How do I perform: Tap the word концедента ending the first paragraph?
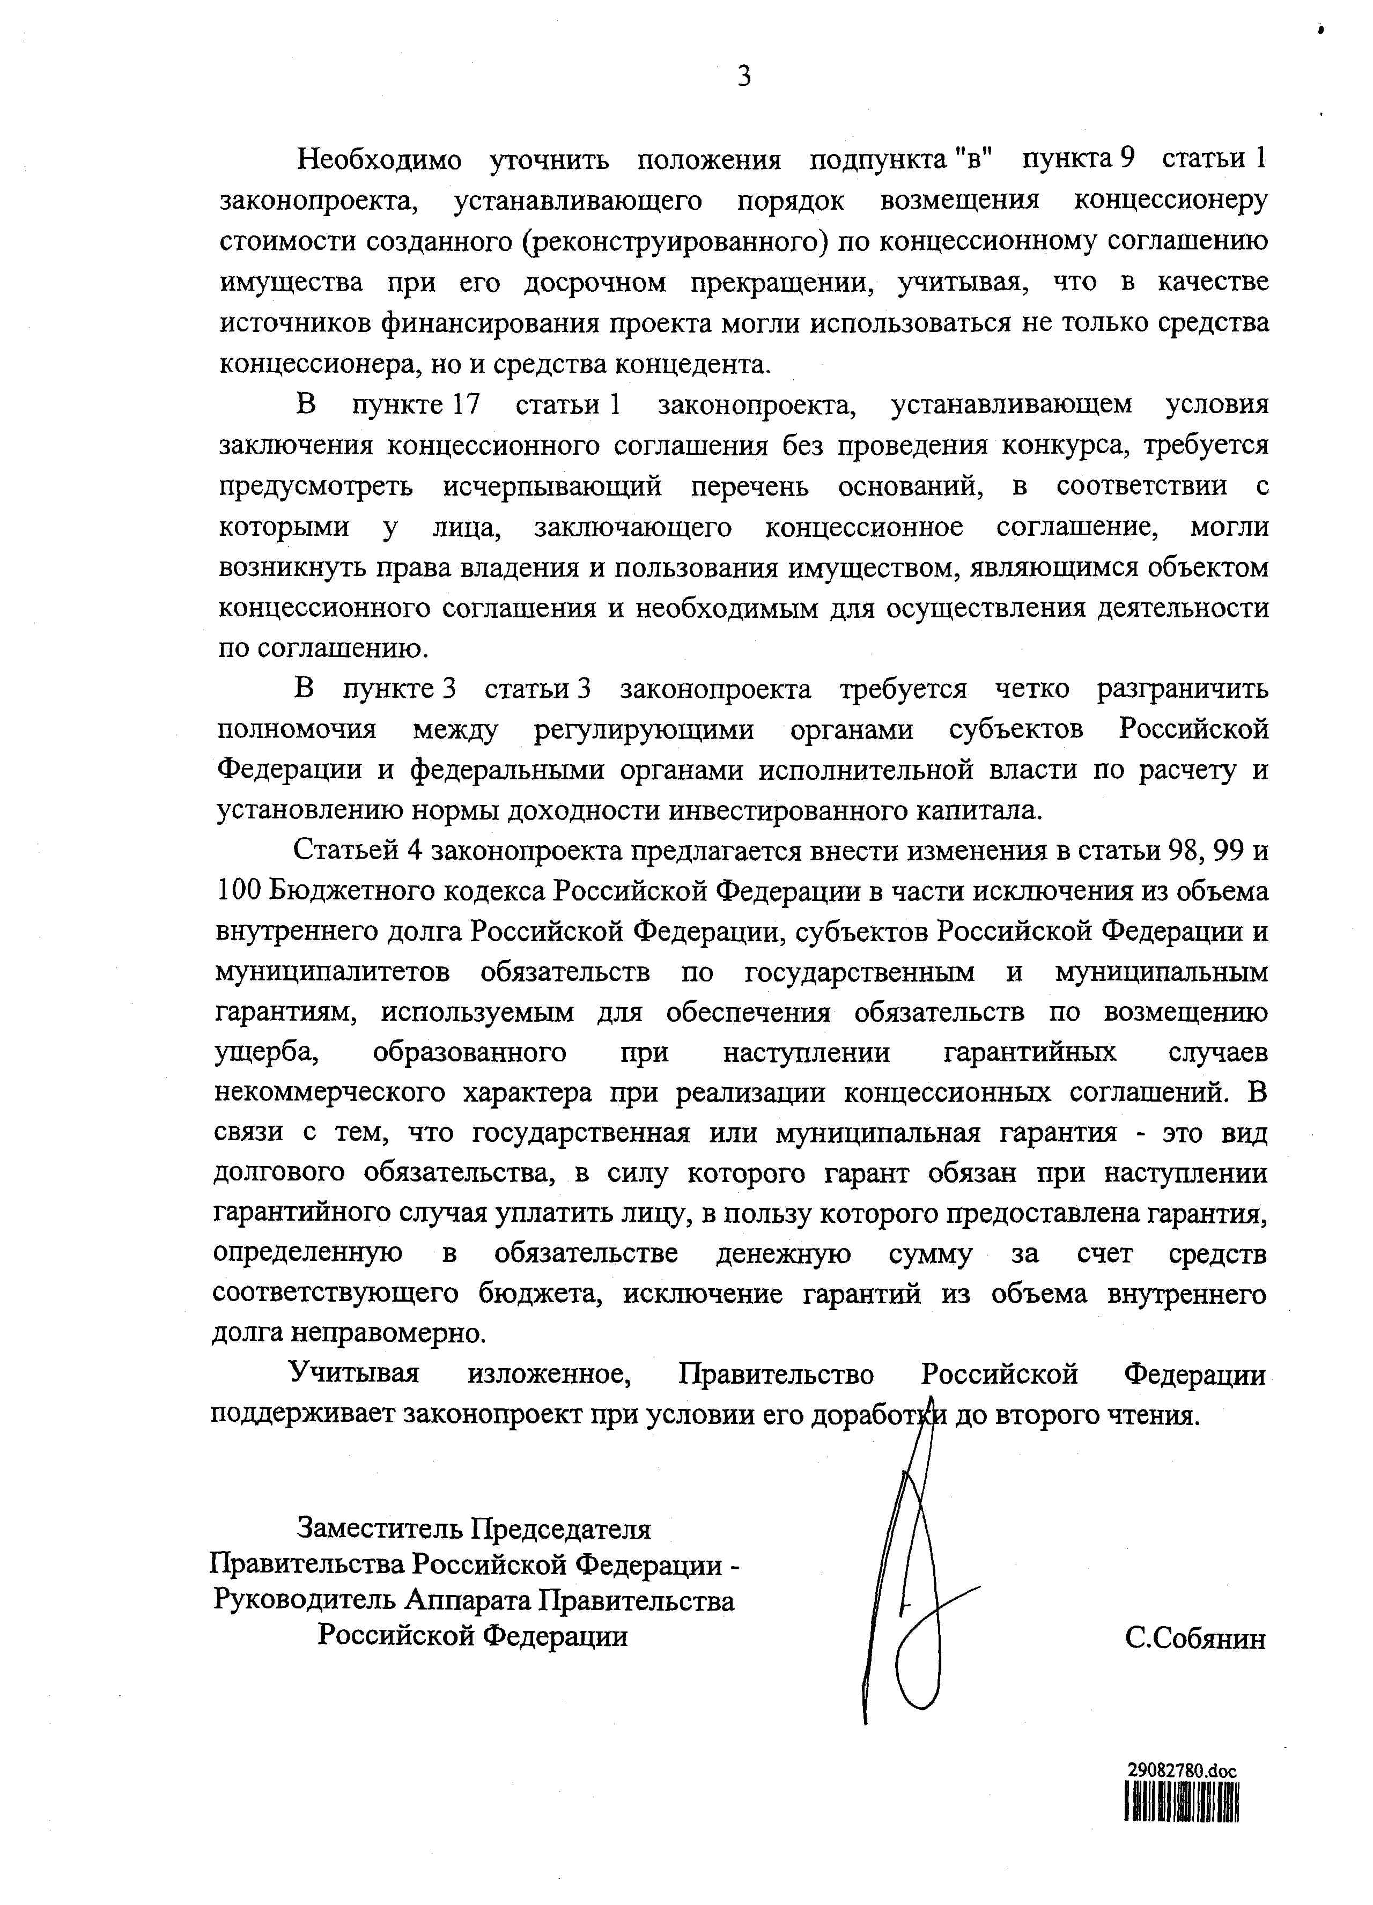(692, 365)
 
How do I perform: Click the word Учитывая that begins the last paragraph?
(353, 1374)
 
